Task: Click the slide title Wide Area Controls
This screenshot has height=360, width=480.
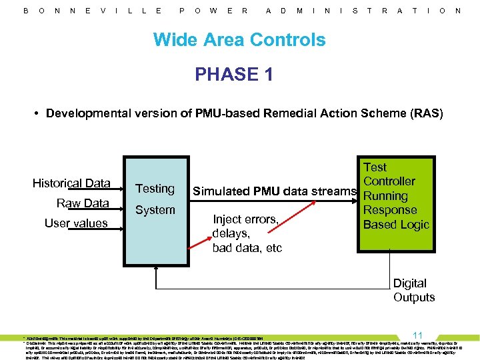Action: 239,39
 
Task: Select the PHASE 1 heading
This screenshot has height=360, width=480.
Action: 234,74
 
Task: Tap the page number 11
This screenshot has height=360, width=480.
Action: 418,335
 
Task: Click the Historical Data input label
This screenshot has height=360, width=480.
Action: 71,183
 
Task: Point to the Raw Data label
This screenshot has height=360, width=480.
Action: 83,203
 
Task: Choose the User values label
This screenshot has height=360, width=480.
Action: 76,223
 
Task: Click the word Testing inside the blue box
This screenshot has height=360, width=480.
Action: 155,189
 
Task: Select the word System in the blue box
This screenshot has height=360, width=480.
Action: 155,209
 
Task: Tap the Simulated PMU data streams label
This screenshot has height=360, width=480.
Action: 275,192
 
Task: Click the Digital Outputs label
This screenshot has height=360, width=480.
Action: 413,290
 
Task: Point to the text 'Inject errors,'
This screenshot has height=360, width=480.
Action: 245,219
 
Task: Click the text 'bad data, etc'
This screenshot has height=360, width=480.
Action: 247,248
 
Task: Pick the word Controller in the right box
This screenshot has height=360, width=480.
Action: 389,181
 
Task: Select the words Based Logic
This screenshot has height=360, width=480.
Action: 396,224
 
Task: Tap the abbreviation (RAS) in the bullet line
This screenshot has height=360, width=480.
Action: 427,113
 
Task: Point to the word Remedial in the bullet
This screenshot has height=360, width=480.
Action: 289,113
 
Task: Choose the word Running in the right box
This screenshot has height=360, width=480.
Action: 385,196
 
